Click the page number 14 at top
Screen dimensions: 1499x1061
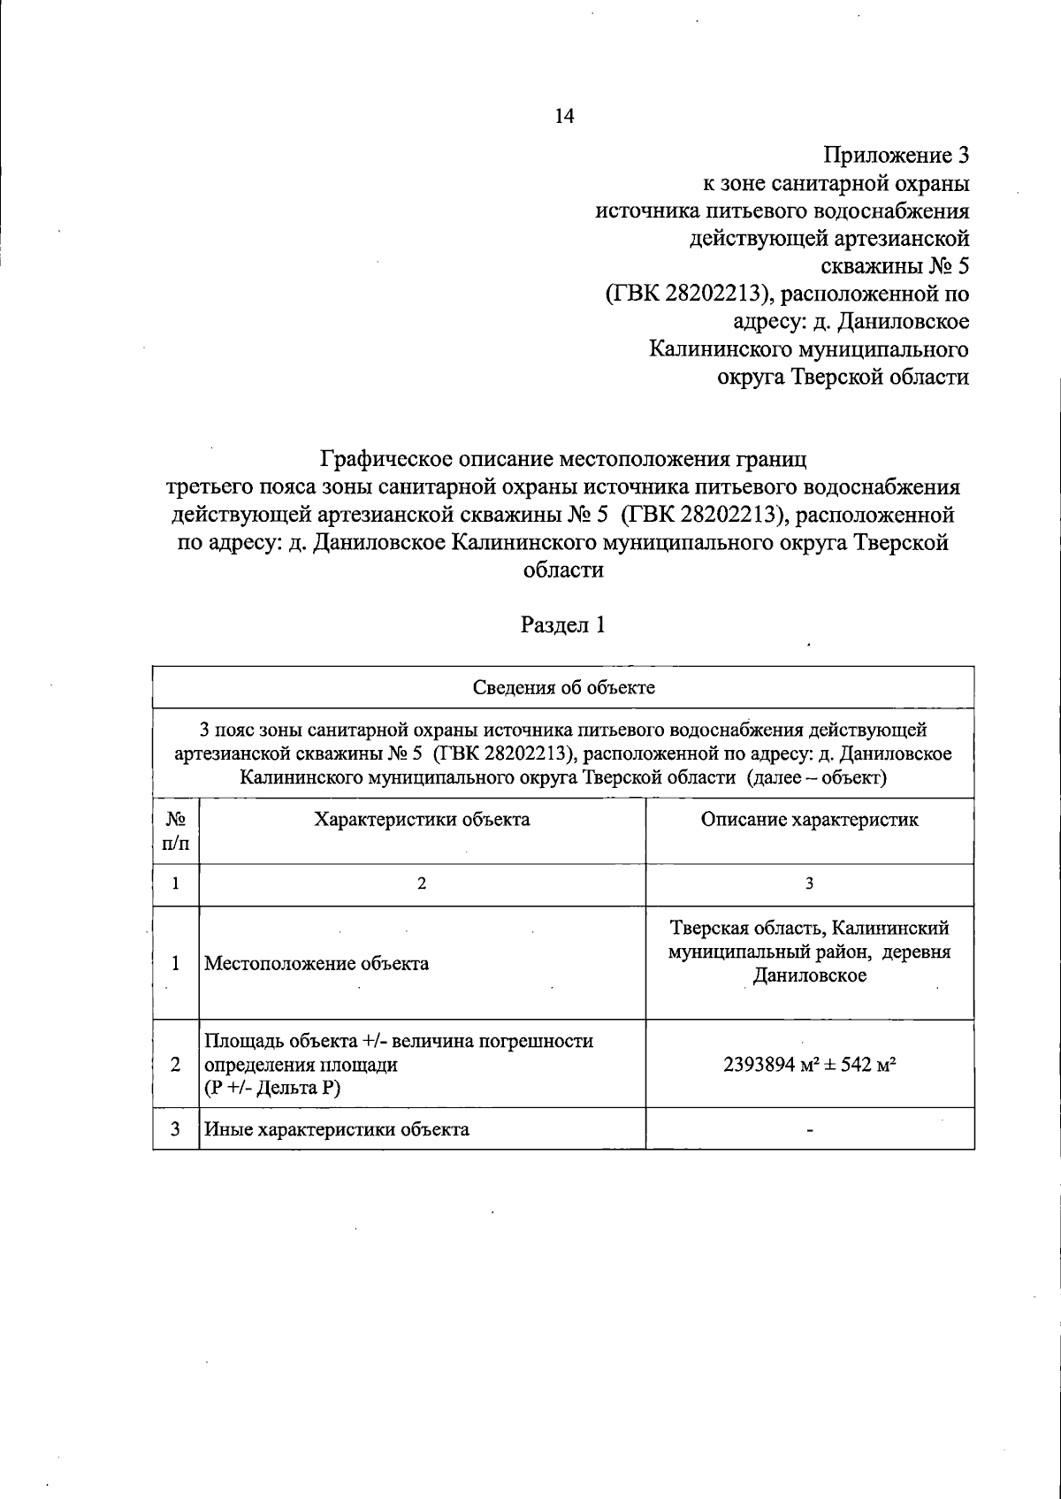coord(564,116)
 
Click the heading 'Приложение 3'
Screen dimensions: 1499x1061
coord(897,157)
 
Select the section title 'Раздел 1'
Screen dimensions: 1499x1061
coord(563,625)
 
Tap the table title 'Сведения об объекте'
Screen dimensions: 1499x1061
coord(563,687)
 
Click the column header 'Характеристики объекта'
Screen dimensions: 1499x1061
coord(422,819)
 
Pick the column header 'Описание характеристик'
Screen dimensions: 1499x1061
coord(809,819)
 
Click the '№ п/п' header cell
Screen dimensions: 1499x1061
coord(176,830)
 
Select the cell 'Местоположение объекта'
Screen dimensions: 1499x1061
coord(317,963)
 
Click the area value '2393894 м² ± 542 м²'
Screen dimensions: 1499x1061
coord(809,1064)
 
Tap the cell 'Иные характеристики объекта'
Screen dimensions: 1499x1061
coord(337,1129)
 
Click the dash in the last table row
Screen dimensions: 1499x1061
coord(809,1130)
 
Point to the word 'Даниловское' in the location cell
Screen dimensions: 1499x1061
coord(809,975)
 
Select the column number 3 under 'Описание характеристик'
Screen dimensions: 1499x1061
coord(809,883)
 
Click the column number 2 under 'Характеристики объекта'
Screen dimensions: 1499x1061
coord(422,883)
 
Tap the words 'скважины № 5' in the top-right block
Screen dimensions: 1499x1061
coord(895,266)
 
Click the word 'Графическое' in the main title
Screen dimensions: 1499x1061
coord(393,460)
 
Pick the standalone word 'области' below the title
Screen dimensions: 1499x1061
coord(563,570)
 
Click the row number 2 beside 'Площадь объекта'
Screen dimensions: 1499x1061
coord(176,1064)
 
